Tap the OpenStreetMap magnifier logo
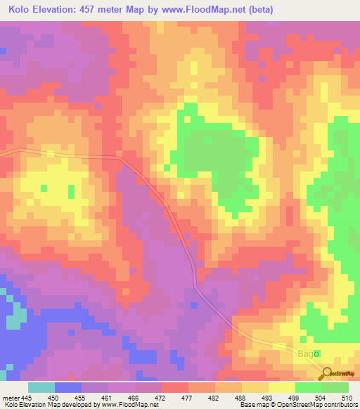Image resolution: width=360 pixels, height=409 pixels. (327, 373)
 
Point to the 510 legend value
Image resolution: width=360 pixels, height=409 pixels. (347, 397)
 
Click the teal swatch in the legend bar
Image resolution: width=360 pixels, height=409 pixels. (41, 387)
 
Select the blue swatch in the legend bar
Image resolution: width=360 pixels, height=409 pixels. (68, 387)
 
